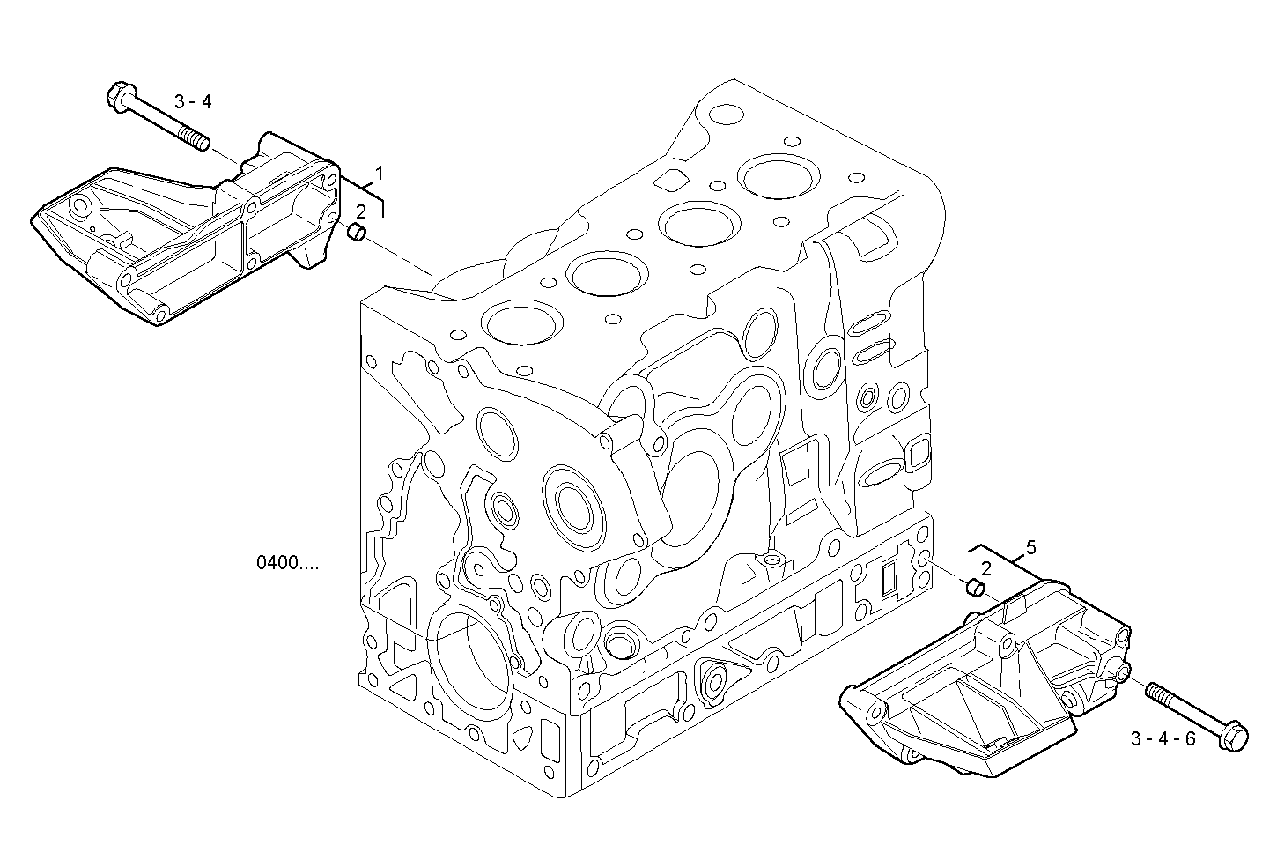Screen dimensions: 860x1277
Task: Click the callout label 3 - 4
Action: [193, 102]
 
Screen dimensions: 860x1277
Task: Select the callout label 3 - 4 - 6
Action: [1163, 738]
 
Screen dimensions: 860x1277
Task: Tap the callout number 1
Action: [380, 173]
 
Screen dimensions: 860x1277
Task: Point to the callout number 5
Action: [1031, 547]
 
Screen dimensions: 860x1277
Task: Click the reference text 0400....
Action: [287, 562]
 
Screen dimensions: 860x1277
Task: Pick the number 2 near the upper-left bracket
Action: [361, 211]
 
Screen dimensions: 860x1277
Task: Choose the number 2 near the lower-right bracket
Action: [986, 568]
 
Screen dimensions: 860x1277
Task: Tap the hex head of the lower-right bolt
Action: [1234, 738]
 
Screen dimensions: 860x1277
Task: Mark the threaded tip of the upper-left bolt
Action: [196, 138]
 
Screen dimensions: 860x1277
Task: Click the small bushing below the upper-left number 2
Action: [357, 233]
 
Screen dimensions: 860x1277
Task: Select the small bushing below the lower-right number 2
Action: [975, 587]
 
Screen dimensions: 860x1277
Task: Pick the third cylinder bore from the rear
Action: [609, 273]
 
